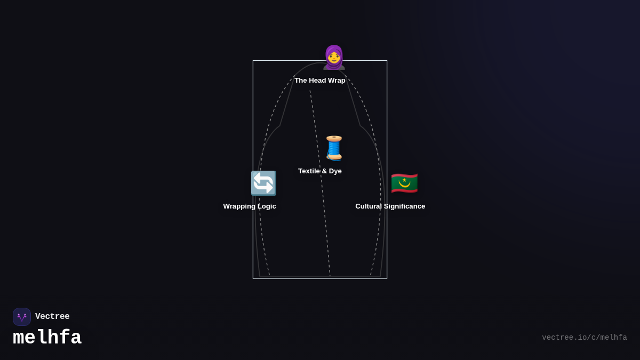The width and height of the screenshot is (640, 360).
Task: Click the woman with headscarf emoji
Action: click(x=334, y=58)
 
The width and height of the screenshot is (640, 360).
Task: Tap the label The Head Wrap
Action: click(x=320, y=81)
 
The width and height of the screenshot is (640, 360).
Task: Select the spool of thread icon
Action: click(x=334, y=148)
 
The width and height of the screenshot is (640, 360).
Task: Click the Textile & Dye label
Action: click(x=320, y=171)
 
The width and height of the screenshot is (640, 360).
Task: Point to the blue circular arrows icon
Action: click(x=263, y=183)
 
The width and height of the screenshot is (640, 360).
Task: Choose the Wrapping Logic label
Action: click(x=250, y=206)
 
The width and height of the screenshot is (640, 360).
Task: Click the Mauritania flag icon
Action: click(x=404, y=183)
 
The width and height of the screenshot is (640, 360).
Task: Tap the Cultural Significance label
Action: click(x=390, y=206)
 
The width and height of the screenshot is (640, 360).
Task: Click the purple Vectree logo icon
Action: click(x=22, y=317)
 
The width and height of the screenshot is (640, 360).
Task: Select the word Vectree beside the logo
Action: click(x=52, y=317)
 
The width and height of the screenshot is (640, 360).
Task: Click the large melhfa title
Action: click(x=47, y=338)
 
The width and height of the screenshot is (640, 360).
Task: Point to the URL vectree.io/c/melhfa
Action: click(x=584, y=338)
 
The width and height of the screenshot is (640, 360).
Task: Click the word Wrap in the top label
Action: click(x=337, y=81)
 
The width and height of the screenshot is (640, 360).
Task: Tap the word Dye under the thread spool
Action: click(x=335, y=171)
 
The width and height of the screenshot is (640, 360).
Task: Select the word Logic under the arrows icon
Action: click(x=267, y=206)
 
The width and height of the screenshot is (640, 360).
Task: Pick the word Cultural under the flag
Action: click(x=369, y=206)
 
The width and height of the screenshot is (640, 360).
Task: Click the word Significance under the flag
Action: click(x=405, y=206)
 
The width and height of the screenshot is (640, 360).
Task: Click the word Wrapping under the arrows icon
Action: click(x=239, y=206)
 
